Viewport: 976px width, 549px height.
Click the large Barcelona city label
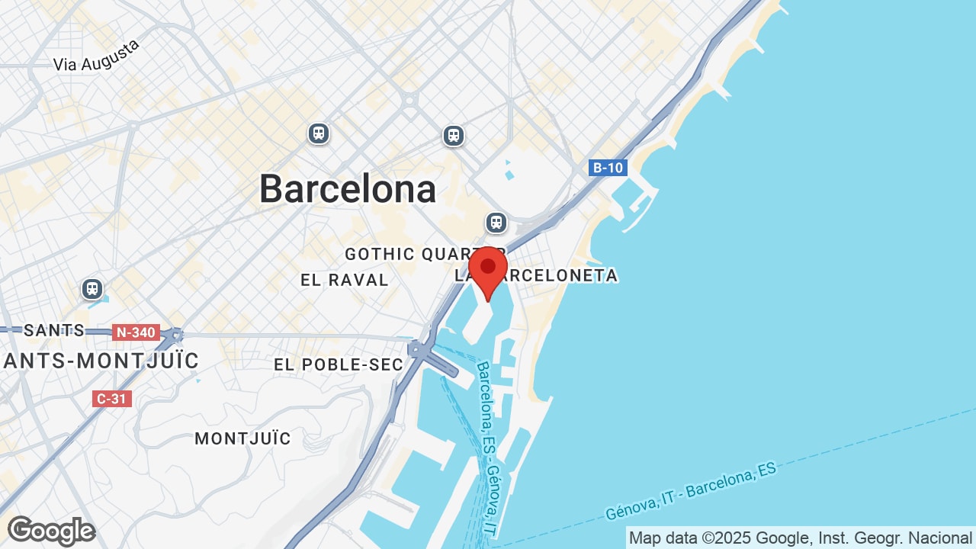(348, 189)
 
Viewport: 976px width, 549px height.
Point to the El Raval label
(345, 280)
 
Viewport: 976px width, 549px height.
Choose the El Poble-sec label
(339, 364)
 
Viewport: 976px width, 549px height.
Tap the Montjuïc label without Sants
(242, 438)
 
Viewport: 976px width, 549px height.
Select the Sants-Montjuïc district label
(101, 360)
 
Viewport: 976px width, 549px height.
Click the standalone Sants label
(54, 330)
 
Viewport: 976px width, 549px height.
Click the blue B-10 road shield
(608, 168)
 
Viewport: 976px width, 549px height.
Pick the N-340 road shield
(136, 332)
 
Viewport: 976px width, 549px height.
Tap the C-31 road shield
(112, 398)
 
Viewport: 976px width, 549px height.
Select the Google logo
(51, 531)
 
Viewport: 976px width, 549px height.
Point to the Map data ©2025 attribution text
(800, 538)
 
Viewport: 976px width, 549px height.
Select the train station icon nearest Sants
(92, 289)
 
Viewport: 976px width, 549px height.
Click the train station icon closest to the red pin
(496, 223)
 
